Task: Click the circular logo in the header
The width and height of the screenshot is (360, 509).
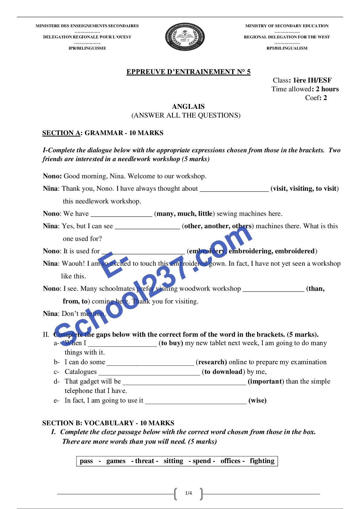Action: [x=185, y=37]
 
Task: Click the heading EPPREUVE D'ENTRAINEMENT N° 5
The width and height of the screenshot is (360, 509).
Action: [x=188, y=72]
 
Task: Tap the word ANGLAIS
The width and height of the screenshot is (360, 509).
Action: [x=188, y=107]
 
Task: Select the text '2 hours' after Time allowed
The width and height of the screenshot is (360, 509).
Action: [x=327, y=89]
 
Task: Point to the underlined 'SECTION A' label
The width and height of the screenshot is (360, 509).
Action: [x=61, y=133]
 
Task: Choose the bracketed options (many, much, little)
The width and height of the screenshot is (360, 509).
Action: [x=184, y=214]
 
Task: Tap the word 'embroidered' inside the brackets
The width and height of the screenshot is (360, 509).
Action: [x=295, y=251]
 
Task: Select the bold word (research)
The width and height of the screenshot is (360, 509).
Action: [x=211, y=362]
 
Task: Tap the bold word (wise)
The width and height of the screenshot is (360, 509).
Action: [x=257, y=400]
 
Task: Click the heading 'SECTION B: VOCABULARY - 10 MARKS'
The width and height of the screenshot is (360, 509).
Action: [x=108, y=423]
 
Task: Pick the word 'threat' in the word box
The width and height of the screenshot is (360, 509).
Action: [x=144, y=461]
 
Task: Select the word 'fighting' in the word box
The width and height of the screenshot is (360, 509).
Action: [x=262, y=461]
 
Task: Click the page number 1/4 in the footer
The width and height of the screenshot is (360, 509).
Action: [x=188, y=493]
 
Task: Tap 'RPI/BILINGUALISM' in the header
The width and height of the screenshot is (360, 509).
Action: [x=287, y=48]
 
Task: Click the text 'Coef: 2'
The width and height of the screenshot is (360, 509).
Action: [x=316, y=98]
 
